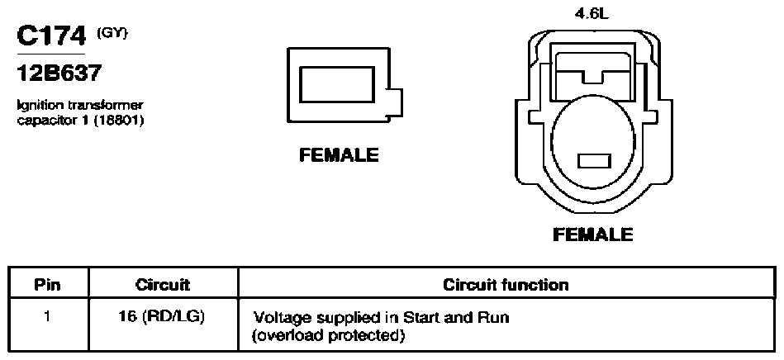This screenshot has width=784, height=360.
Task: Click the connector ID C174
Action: [51, 36]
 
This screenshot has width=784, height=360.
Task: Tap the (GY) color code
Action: [112, 32]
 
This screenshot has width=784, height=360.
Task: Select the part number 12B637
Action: [59, 74]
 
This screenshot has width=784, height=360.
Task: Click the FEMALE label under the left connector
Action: [339, 155]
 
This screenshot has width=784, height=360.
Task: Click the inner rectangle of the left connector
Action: [337, 84]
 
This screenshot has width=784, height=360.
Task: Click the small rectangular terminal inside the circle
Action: [594, 161]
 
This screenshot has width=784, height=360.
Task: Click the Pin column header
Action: [48, 285]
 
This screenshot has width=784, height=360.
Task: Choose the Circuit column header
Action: [163, 285]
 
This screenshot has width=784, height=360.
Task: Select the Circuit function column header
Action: [506, 285]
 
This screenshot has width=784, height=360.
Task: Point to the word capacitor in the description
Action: [39, 121]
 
